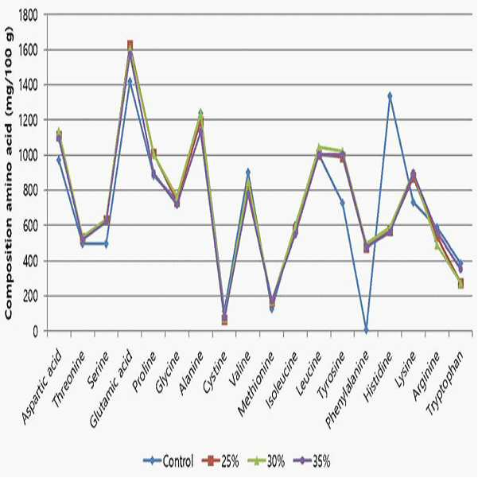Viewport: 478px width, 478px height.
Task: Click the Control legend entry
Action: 169,461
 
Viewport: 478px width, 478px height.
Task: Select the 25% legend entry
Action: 221,461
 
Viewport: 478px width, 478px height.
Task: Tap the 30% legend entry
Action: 266,461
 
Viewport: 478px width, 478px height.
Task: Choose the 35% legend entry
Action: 312,461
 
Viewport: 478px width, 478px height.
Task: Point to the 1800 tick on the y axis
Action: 28,14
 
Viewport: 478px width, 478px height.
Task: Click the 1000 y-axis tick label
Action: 28,155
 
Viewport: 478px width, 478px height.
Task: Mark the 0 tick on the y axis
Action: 35,332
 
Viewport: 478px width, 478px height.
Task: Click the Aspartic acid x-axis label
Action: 42,388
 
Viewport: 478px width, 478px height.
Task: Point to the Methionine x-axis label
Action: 256,384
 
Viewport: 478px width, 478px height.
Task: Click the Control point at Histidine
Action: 390,95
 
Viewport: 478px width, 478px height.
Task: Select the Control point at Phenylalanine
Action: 366,330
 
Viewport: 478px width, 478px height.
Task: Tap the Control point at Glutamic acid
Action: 130,81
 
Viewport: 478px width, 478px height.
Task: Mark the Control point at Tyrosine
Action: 342,203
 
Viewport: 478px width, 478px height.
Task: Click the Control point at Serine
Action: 107,244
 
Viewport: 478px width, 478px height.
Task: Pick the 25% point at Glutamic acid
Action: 130,45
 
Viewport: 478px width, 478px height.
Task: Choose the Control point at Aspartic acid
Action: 59,160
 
